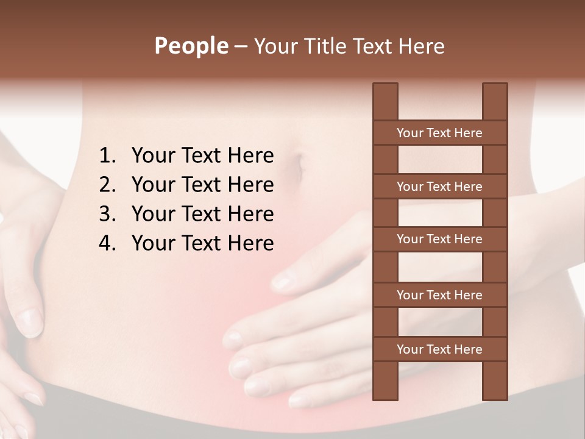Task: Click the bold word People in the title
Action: [x=191, y=46]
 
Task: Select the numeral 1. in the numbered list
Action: [x=107, y=156]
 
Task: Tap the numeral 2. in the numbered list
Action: [x=107, y=185]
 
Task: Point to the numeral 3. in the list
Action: [x=107, y=214]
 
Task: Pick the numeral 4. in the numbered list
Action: [x=107, y=243]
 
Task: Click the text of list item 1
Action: [x=202, y=156]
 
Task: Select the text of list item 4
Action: [x=202, y=243]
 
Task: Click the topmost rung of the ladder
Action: [x=439, y=133]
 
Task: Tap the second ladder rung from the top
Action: [x=439, y=187]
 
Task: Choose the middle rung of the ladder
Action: [x=439, y=239]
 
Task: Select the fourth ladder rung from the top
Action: [x=439, y=295]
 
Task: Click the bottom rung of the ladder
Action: [x=439, y=349]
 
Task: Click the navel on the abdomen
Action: [x=298, y=166]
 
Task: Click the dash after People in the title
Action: [x=241, y=46]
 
